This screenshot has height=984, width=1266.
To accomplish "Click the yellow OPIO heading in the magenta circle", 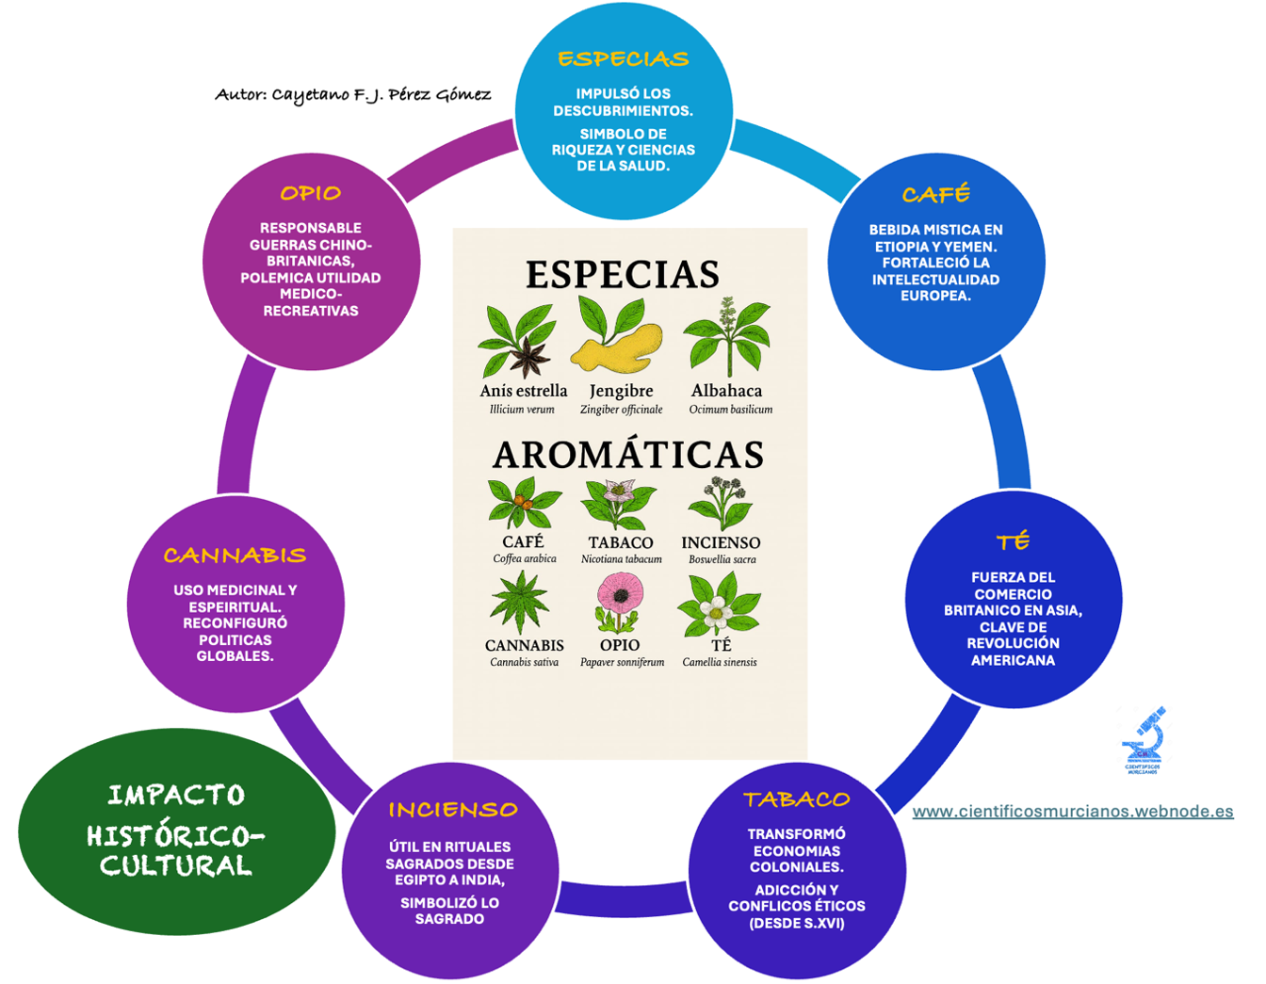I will [x=310, y=194].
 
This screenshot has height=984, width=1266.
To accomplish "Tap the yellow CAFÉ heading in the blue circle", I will [x=935, y=195].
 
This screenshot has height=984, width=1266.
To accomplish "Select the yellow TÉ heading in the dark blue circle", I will [x=1014, y=541].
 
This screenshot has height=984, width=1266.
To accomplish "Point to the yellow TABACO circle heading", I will [x=797, y=800].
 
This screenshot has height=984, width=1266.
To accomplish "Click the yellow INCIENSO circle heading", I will [x=453, y=811].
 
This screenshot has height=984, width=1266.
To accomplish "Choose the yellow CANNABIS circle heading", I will [x=235, y=556].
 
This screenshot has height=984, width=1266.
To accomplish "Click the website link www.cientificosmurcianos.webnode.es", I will [x=1073, y=812].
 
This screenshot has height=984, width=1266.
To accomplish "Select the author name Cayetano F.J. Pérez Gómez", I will [x=381, y=95].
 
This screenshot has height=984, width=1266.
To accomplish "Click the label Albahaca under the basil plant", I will [x=726, y=391].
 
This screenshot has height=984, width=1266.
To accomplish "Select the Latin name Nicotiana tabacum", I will [x=622, y=559].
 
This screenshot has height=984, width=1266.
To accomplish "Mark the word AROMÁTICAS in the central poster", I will [x=628, y=456].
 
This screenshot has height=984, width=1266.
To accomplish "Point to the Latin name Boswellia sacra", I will [x=722, y=559].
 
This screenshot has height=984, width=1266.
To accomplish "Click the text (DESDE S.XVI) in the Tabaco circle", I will [x=797, y=923].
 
